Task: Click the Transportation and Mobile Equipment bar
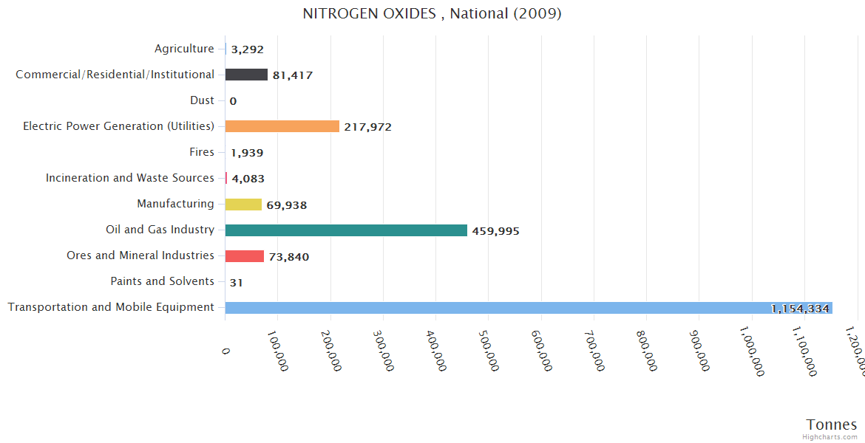[x=529, y=308]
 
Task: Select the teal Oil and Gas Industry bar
[x=346, y=230]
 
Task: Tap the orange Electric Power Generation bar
[x=282, y=126]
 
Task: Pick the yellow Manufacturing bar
[x=243, y=205]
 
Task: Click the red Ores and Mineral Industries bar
[x=244, y=256]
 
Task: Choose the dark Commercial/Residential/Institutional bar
[x=246, y=75]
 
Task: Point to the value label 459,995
[x=495, y=231]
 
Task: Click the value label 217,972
[x=367, y=127]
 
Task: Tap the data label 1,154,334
[x=800, y=309]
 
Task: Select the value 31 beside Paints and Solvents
[x=237, y=283]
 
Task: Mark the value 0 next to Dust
[x=233, y=101]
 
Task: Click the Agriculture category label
[x=184, y=49]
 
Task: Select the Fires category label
[x=202, y=152]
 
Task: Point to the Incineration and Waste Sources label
[x=130, y=178]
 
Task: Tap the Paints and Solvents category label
[x=162, y=281]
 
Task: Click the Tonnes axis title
[x=831, y=424]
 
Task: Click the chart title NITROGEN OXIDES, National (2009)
[x=432, y=13]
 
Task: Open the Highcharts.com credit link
[x=830, y=437]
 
